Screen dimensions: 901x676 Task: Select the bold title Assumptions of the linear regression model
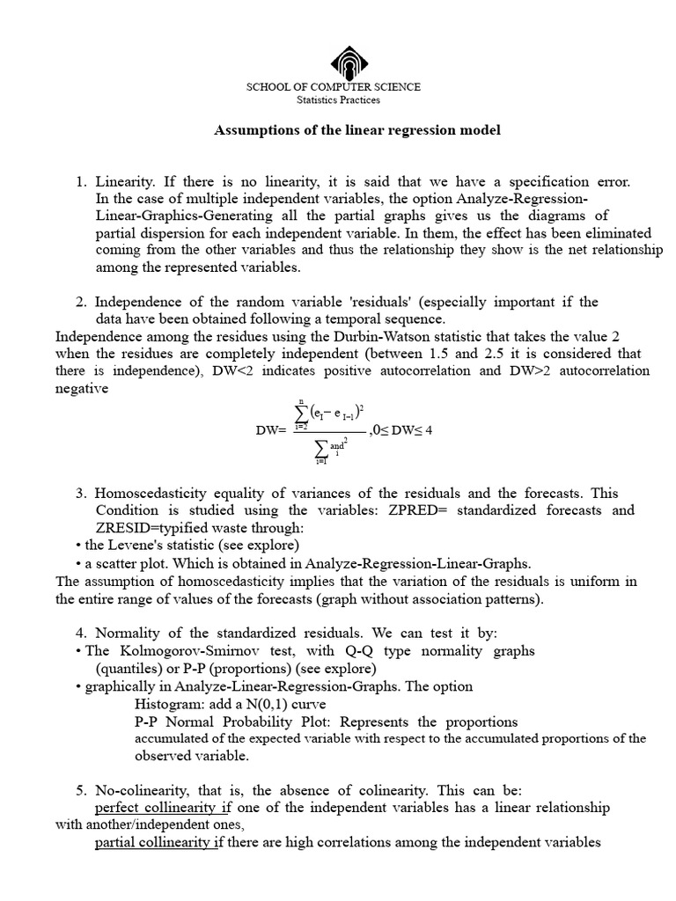(x=357, y=130)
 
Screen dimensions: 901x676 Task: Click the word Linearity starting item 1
(x=123, y=182)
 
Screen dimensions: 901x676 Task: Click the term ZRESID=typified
(x=147, y=527)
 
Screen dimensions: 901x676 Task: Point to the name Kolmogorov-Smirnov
(x=180, y=651)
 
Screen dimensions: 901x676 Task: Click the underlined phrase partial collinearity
(x=153, y=842)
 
